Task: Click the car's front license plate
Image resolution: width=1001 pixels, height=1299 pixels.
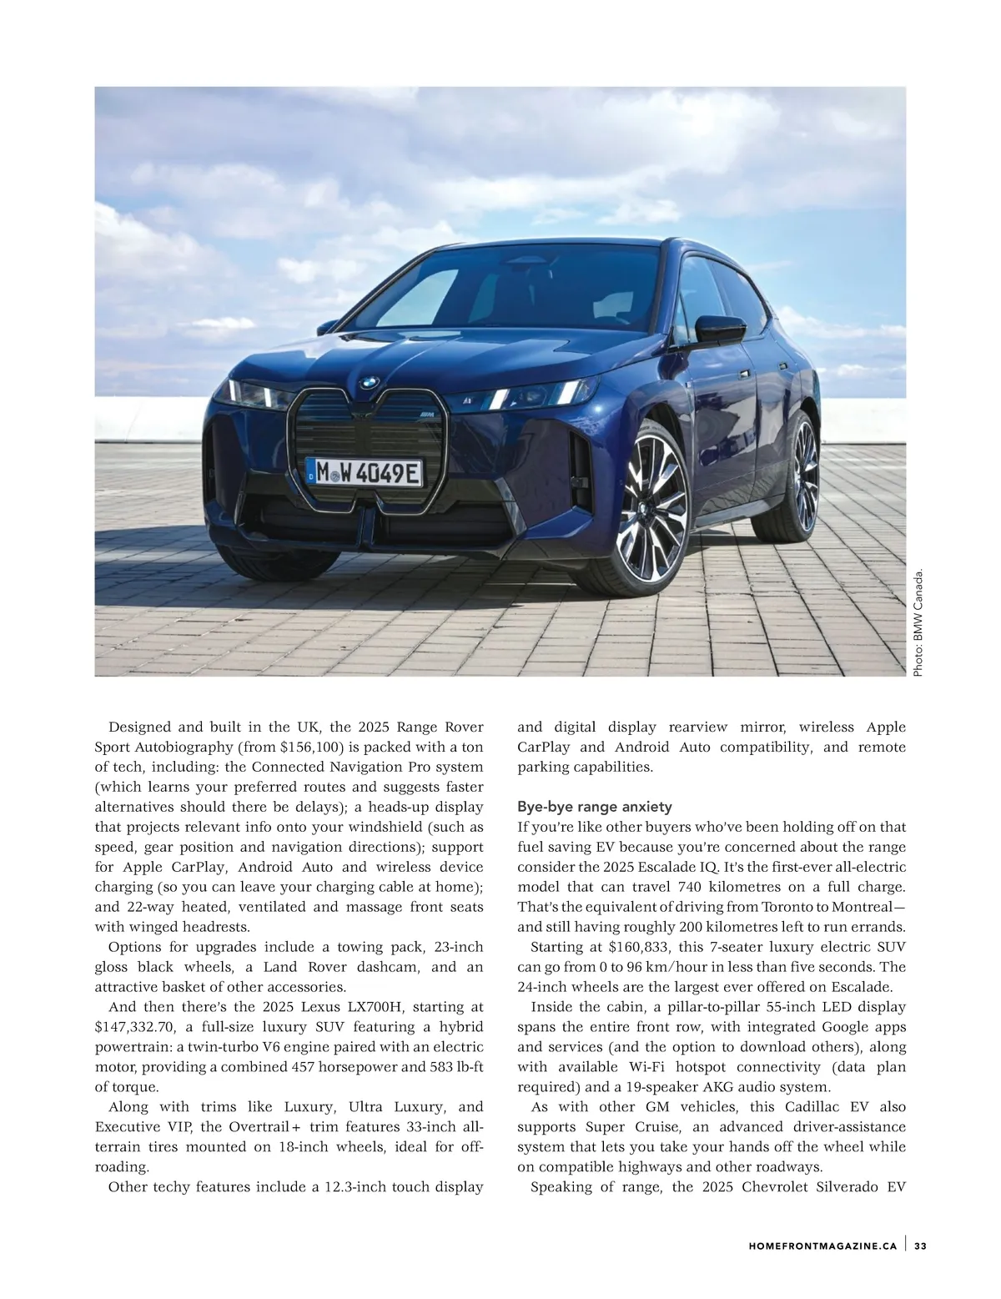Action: (365, 474)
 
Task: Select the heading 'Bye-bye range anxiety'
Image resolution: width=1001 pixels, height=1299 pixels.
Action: (595, 807)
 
